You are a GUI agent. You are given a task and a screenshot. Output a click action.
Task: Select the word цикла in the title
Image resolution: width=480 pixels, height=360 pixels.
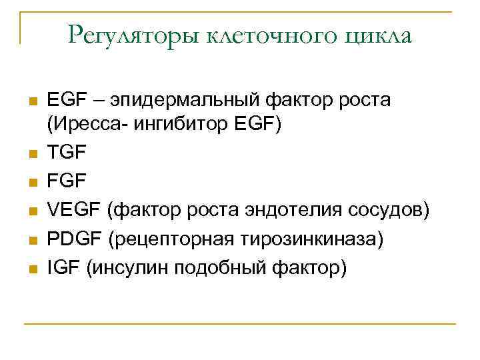(379, 34)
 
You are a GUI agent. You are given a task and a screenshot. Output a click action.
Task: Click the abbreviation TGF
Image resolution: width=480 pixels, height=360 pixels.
(67, 152)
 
